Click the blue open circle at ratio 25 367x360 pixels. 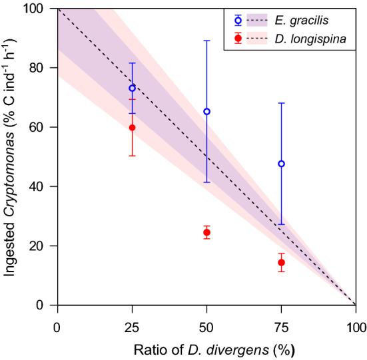point(132,88)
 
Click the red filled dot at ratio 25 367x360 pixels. point(132,128)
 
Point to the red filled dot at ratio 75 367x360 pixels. point(281,262)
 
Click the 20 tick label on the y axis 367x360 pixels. point(44,246)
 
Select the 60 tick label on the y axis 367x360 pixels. point(44,127)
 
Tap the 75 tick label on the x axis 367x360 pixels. point(281,327)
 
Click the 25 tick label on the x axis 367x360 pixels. point(132,327)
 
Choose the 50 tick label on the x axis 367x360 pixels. point(206,327)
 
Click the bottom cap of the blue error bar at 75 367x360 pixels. point(281,224)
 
